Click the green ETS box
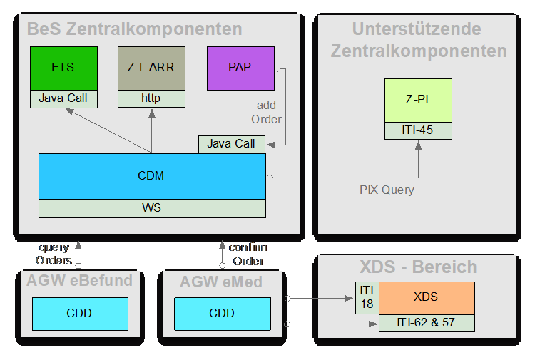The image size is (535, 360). [x=63, y=68]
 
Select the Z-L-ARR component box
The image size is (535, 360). [x=151, y=68]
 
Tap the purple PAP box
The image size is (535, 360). [x=240, y=68]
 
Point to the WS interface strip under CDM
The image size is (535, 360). [x=152, y=208]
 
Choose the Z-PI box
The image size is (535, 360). [x=418, y=100]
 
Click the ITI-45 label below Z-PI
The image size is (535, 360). [x=418, y=130]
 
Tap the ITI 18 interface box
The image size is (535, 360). [x=367, y=297]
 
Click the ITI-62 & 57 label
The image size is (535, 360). [x=426, y=322]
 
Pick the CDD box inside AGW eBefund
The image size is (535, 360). [x=79, y=313]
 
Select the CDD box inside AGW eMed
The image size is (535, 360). [x=222, y=313]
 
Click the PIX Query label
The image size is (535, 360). [x=387, y=190]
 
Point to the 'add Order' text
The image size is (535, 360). [x=266, y=112]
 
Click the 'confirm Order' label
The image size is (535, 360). [x=248, y=253]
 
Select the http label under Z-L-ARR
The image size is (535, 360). [x=151, y=98]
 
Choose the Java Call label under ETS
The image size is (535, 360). [x=63, y=98]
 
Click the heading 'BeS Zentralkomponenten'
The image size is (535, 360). [x=134, y=29]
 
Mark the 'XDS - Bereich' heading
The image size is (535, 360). [x=417, y=267]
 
